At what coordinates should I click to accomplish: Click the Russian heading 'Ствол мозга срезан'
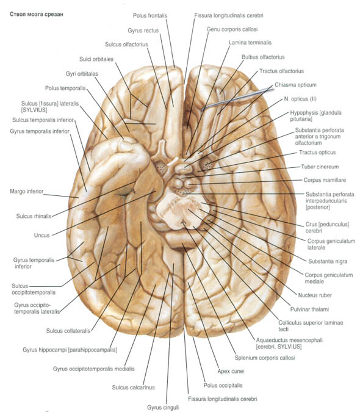(37, 14)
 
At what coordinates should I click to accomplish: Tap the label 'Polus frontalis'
(150, 15)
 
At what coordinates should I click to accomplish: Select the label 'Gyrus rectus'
(143, 31)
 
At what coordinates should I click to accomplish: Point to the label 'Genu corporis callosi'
(232, 29)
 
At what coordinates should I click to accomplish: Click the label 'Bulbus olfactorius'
(263, 57)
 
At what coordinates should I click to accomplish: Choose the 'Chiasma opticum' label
(295, 85)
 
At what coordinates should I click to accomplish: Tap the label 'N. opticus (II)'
(300, 99)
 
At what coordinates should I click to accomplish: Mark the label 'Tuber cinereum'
(320, 167)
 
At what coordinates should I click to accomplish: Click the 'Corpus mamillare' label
(325, 180)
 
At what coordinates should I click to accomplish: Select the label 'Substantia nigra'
(328, 261)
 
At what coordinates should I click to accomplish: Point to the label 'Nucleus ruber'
(315, 295)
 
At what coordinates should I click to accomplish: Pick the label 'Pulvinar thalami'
(309, 309)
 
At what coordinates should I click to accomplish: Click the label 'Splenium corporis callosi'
(265, 358)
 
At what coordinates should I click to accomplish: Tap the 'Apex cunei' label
(231, 371)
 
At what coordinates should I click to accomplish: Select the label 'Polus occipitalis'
(223, 385)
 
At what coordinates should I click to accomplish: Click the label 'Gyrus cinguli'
(163, 407)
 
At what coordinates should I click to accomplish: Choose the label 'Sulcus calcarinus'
(134, 387)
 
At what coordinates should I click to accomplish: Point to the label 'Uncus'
(41, 235)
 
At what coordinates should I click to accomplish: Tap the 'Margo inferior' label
(26, 191)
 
